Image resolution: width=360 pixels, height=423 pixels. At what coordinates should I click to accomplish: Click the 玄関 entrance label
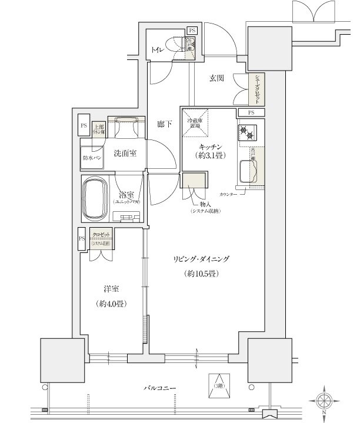point(215,78)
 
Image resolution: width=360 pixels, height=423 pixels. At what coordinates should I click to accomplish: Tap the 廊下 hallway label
point(164,124)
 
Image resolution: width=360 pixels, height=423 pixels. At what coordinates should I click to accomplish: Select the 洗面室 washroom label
point(125,154)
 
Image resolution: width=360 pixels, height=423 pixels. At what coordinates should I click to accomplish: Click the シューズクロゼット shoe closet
point(256,89)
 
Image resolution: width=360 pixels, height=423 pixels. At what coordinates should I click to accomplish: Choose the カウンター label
point(229,194)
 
